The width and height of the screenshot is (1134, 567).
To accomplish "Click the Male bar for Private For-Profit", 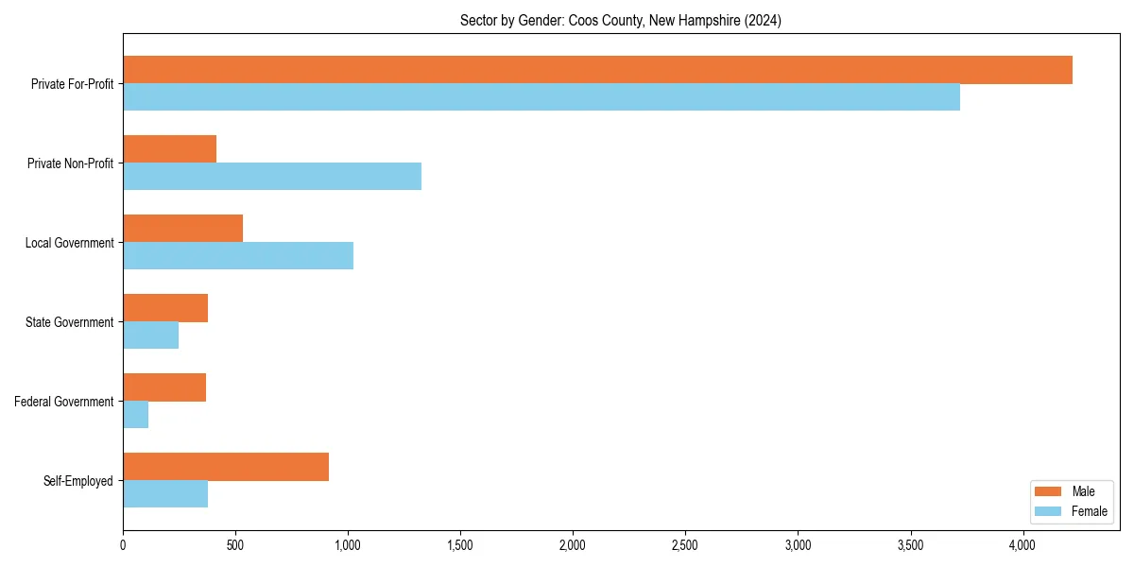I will point(597,70).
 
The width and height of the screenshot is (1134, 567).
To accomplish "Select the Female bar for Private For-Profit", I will point(541,97).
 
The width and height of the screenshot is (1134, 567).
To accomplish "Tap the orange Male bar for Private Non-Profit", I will point(170,149).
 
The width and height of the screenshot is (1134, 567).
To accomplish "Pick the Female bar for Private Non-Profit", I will point(272,177).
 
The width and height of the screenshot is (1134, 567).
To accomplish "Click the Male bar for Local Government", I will point(183,229).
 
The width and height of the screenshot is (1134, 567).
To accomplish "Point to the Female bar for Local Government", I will point(238,256).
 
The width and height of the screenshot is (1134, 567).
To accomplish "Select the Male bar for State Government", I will point(165,308).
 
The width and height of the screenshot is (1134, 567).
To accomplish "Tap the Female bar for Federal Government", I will point(136,415).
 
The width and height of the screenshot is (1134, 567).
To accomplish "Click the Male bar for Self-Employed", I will point(226,467).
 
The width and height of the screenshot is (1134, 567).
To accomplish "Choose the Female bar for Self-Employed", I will point(165,494).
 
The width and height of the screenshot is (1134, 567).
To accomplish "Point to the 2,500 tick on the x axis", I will point(685,545).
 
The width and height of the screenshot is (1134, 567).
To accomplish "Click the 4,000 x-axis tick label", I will point(1022,545).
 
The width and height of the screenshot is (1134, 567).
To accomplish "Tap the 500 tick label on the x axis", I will point(235,545).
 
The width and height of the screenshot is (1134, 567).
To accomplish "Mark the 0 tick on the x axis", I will point(123,545).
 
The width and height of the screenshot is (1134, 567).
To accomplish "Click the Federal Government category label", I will point(64,402).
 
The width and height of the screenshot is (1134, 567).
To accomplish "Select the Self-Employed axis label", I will point(78,481).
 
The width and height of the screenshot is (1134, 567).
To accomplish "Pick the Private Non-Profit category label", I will point(70,163).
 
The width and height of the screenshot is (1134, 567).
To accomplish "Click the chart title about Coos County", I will point(621,20).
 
